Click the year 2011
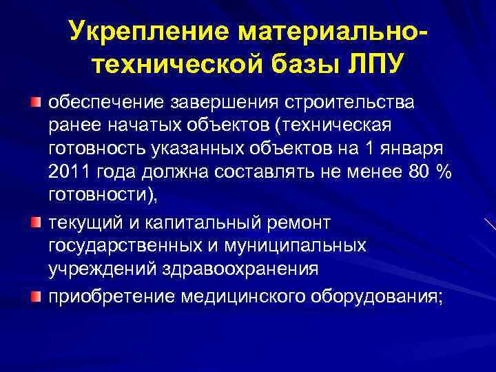coord(72,174)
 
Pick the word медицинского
coord(234,296)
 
